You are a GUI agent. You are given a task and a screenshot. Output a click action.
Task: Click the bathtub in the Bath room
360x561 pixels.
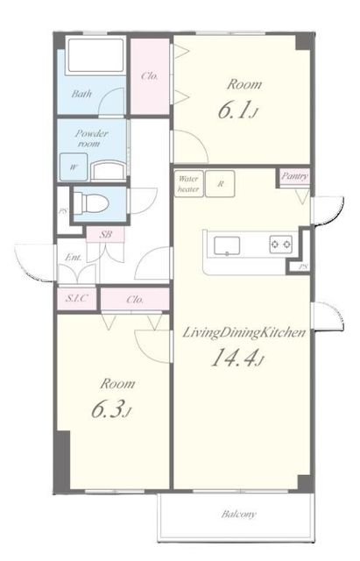(95, 55)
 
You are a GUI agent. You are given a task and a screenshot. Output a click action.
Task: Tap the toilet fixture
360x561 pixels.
(91, 203)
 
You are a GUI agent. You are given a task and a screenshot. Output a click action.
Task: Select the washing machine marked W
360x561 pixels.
(74, 167)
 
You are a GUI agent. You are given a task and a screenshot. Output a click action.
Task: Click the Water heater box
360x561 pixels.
(188, 184)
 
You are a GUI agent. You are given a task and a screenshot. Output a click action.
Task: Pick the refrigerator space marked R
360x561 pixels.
(220, 184)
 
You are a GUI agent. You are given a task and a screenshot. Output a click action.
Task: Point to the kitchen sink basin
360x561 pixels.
(227, 246)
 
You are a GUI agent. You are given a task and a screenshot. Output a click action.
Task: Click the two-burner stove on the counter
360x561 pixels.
(280, 245)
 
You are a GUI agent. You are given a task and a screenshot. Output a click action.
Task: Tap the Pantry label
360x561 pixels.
(294, 176)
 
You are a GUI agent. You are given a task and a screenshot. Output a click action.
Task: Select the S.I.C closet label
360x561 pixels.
(76, 298)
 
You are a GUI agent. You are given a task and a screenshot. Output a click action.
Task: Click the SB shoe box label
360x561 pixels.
(105, 235)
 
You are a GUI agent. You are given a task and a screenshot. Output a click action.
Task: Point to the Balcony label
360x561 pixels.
(238, 515)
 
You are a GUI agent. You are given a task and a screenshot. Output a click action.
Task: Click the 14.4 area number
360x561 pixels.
(235, 359)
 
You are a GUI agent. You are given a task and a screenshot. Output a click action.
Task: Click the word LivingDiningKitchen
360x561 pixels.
(244, 333)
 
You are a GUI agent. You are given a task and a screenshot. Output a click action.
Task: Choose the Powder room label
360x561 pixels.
(91, 138)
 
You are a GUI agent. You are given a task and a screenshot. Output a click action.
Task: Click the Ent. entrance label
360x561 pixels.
(74, 257)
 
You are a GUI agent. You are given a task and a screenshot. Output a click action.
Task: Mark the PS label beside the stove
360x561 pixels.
(303, 266)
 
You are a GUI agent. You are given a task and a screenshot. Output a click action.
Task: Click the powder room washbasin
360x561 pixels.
(109, 170)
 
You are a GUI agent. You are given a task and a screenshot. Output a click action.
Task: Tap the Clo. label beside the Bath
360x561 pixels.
(150, 76)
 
